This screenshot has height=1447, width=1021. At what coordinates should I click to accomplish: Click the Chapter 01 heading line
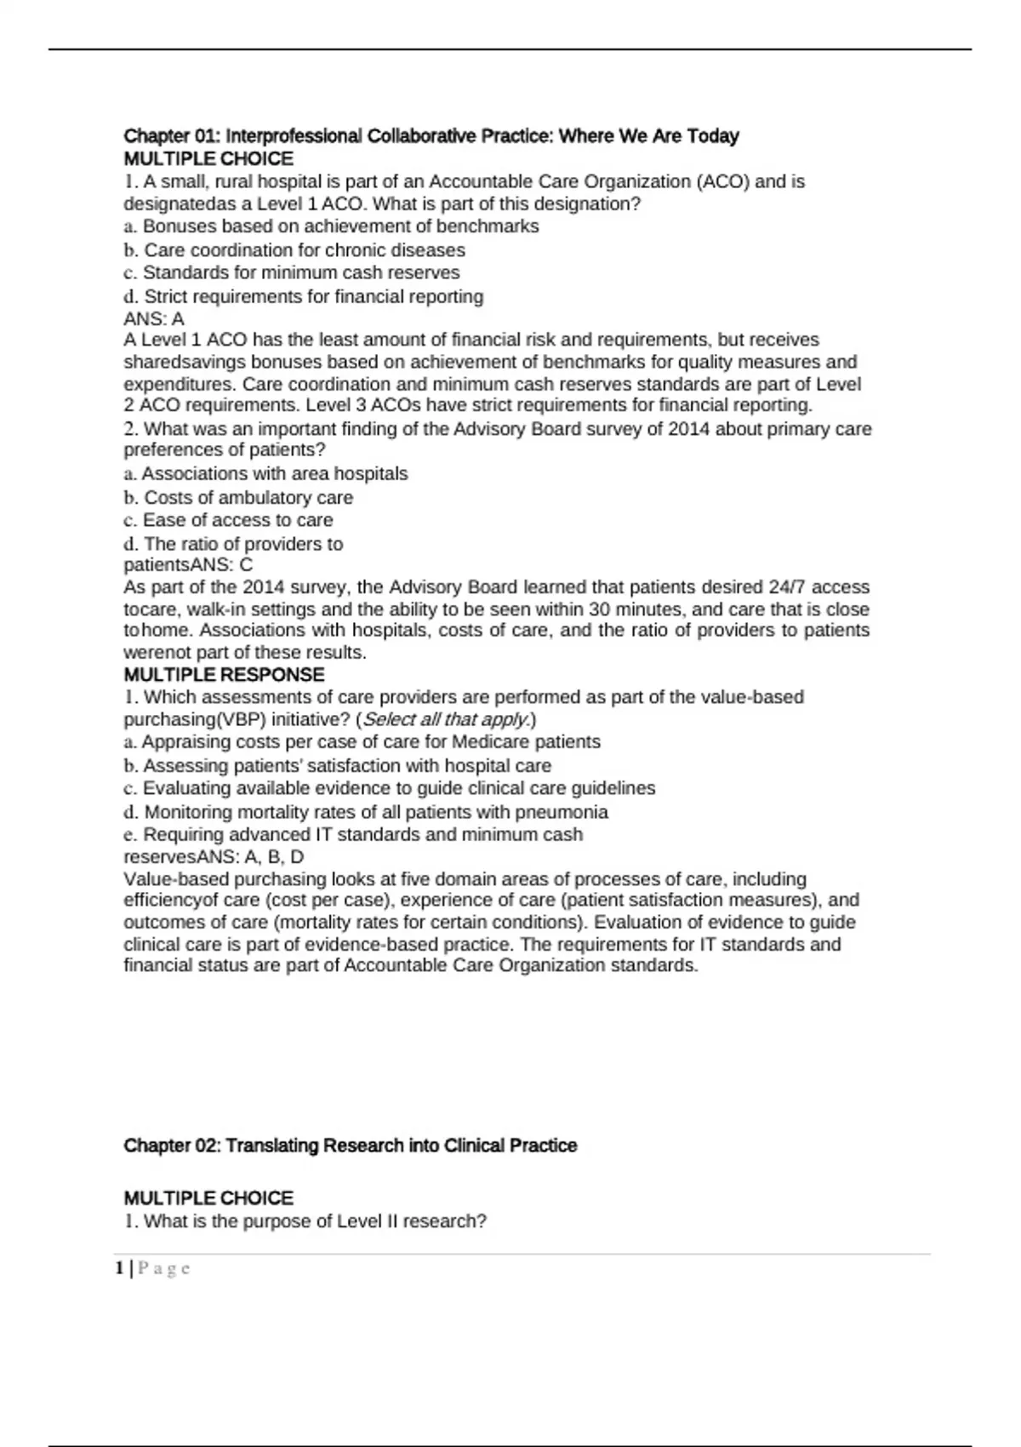point(431,136)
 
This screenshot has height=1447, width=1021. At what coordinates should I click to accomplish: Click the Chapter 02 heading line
point(351,1146)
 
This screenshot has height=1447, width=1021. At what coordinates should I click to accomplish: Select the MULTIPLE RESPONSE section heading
point(224,675)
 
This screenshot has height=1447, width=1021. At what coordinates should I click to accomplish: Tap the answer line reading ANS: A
point(154,319)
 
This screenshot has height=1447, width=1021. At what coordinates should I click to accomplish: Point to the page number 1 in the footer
point(120,1269)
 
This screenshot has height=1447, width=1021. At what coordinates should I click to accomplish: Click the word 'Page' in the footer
point(164,1269)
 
